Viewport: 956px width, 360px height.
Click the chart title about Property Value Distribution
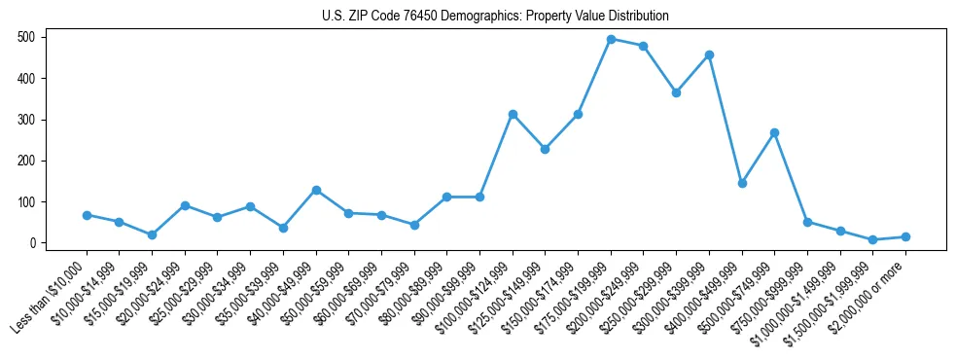click(495, 17)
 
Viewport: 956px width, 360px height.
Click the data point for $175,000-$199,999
click(611, 39)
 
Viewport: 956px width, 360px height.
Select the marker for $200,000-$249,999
click(644, 46)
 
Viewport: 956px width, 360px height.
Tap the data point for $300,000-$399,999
click(709, 54)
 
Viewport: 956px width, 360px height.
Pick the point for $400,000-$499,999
click(742, 183)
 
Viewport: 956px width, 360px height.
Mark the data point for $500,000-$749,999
click(774, 132)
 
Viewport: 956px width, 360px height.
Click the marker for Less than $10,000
click(87, 215)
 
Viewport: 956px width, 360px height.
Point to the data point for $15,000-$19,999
click(152, 234)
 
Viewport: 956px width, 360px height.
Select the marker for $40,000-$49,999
click(316, 190)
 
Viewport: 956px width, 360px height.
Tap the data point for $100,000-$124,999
click(513, 114)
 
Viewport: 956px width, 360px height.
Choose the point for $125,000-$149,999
click(545, 149)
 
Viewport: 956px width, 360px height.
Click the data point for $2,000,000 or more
click(905, 236)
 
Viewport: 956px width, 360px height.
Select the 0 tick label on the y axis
click(34, 243)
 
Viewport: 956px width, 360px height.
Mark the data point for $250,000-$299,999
click(676, 92)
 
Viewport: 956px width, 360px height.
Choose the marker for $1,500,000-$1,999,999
click(872, 239)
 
